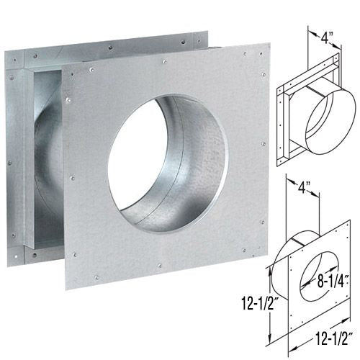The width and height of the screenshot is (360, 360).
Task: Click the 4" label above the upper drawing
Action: coord(326,37)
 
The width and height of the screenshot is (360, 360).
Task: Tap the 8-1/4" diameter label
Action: coord(333,281)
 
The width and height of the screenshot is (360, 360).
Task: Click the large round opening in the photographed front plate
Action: coord(168,164)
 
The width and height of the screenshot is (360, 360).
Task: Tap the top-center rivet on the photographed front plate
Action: coord(165,62)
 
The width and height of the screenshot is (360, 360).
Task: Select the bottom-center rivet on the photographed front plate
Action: coord(159,265)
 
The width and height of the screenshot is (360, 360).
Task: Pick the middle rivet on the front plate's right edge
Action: coord(264,144)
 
